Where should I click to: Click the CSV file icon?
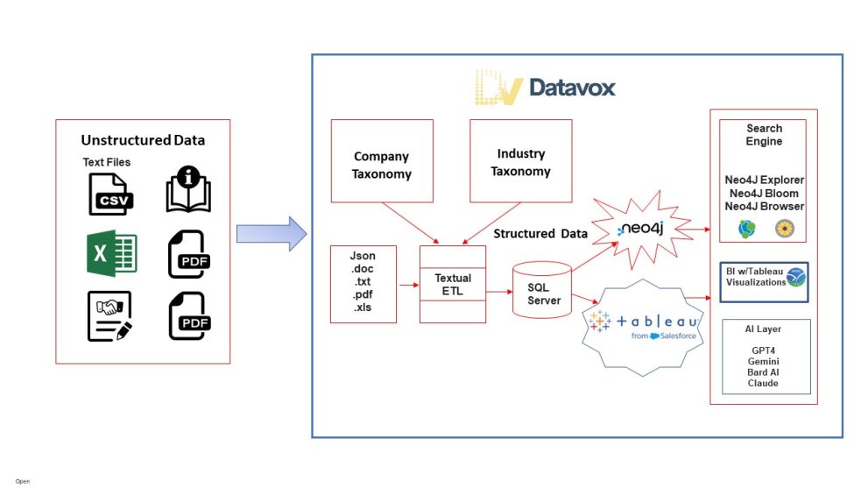[x=109, y=194]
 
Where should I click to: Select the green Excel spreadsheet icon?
[x=109, y=254]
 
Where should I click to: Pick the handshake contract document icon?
[x=109, y=315]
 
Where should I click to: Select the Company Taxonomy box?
[x=381, y=165]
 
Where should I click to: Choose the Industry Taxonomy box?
[x=520, y=163]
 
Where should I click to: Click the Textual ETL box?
[x=453, y=285]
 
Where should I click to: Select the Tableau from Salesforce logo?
[x=643, y=326]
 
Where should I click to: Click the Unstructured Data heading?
[x=142, y=140]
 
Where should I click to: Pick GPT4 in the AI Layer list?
[x=764, y=350]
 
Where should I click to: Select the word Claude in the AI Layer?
[x=764, y=383]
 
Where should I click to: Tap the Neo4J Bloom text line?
[x=764, y=194]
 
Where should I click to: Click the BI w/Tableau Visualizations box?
[x=764, y=281]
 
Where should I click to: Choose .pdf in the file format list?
[x=363, y=295]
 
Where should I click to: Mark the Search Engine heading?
[x=764, y=135]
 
